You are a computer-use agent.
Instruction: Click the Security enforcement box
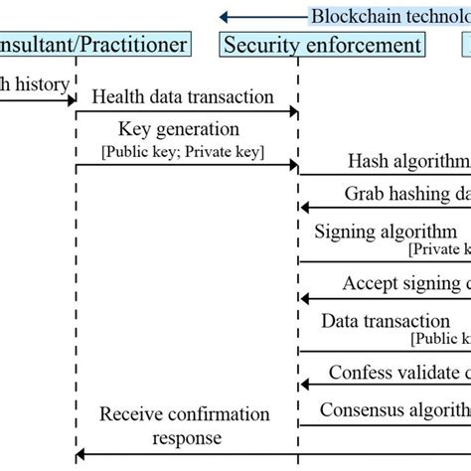pos(321,45)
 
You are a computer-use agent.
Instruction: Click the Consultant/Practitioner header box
pos(93,45)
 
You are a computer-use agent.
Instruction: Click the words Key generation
pos(179,129)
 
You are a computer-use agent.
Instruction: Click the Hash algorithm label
pos(408,160)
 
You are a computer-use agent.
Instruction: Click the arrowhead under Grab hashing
pos(305,208)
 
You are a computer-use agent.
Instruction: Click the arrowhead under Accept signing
pos(305,297)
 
